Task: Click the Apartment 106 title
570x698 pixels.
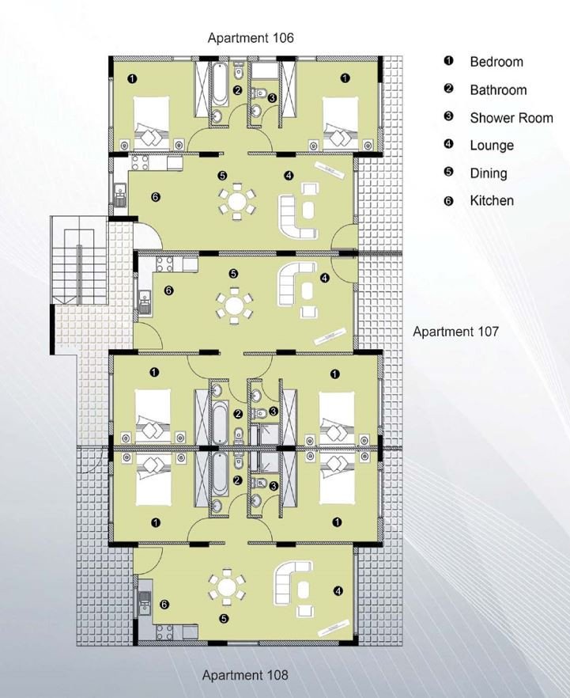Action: pyautogui.click(x=251, y=38)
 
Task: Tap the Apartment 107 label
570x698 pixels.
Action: pyautogui.click(x=455, y=332)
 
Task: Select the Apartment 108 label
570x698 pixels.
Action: pyautogui.click(x=245, y=675)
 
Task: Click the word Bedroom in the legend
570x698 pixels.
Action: pyautogui.click(x=496, y=62)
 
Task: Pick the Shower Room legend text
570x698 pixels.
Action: pyautogui.click(x=511, y=118)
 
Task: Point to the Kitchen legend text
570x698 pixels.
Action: pyautogui.click(x=492, y=201)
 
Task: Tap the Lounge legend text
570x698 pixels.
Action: pyautogui.click(x=492, y=146)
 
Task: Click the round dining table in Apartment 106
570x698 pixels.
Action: pyautogui.click(x=237, y=201)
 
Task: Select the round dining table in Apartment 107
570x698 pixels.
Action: pyautogui.click(x=234, y=305)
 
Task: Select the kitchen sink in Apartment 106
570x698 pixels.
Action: pyautogui.click(x=120, y=195)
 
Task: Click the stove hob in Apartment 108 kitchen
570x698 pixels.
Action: pyautogui.click(x=164, y=632)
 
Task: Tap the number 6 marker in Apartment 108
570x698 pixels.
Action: pyautogui.click(x=164, y=605)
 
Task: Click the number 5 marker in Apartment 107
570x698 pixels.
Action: pyautogui.click(x=233, y=274)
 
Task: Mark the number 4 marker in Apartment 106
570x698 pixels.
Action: pyautogui.click(x=289, y=176)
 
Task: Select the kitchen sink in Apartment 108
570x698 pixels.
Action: pyautogui.click(x=145, y=603)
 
